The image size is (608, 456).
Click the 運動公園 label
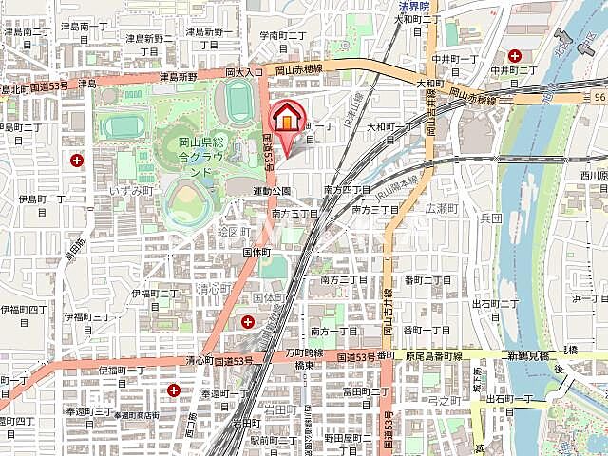coord(272,190)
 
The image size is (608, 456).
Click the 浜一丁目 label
coord(589,298)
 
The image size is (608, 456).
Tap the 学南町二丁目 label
coord(282,35)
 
